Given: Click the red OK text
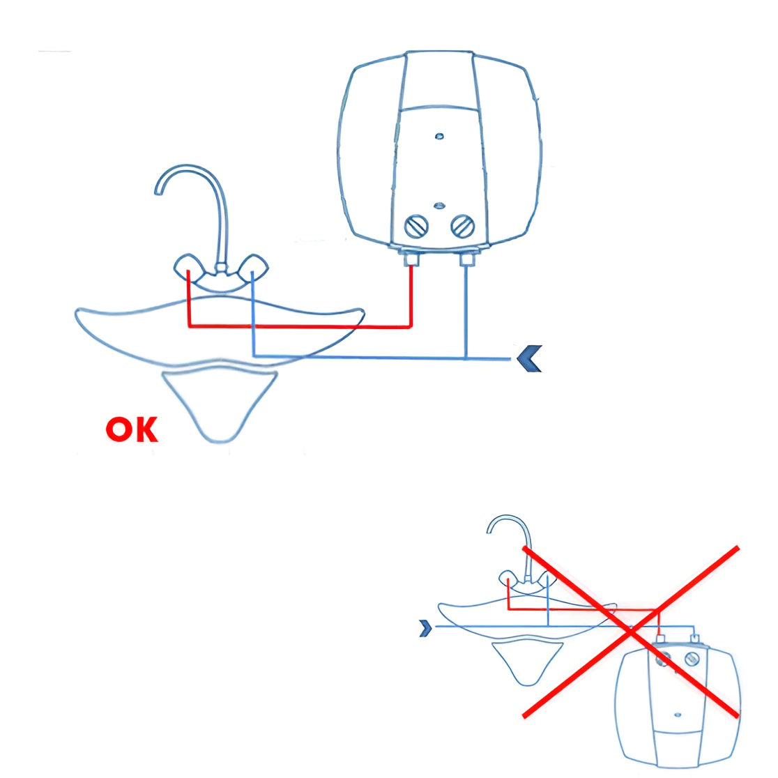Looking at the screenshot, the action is click(132, 429).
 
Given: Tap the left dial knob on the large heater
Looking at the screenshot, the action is click(416, 227).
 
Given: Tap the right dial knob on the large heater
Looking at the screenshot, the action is click(462, 227).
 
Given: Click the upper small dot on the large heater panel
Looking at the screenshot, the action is click(438, 136).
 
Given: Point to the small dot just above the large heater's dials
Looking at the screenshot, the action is click(438, 206).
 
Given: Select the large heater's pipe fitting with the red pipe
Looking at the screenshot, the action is click(411, 259).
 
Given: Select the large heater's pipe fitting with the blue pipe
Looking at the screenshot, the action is click(466, 259).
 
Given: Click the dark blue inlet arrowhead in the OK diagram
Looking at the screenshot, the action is click(529, 358).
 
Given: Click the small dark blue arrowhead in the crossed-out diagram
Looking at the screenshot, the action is click(425, 628).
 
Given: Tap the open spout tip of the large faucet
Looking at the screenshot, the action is click(158, 190).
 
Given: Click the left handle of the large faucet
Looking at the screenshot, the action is click(188, 268).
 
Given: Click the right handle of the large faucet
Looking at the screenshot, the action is click(254, 268).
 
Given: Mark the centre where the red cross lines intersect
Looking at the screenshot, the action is click(631, 631).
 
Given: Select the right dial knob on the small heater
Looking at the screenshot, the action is click(692, 659).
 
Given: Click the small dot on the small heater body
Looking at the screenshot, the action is click(678, 715).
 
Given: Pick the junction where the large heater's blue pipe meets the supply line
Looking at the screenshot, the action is click(466, 358).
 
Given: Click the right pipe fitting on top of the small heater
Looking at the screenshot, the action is click(695, 638).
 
